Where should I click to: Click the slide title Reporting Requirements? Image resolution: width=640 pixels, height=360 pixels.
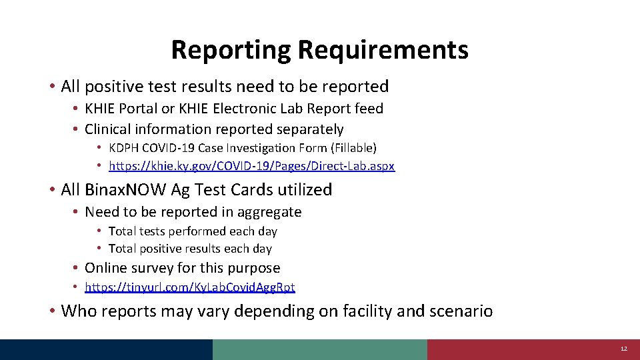[x=319, y=50]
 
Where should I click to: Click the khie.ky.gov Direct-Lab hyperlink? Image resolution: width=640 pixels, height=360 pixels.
[x=251, y=166]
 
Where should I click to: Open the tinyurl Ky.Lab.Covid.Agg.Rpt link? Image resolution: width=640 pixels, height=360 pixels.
[x=189, y=287]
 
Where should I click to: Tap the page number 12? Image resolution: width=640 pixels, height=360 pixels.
[x=623, y=349]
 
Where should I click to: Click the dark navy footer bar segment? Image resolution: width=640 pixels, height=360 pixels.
[x=106, y=349]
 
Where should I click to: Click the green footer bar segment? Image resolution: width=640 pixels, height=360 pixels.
[x=319, y=349]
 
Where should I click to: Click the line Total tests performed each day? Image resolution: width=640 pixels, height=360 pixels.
[x=193, y=231]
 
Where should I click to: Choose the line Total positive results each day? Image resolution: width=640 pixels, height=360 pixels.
[x=190, y=249]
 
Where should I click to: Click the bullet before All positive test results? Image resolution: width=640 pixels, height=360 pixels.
[x=51, y=87]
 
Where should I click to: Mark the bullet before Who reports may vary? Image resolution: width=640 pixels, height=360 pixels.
[x=51, y=311]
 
